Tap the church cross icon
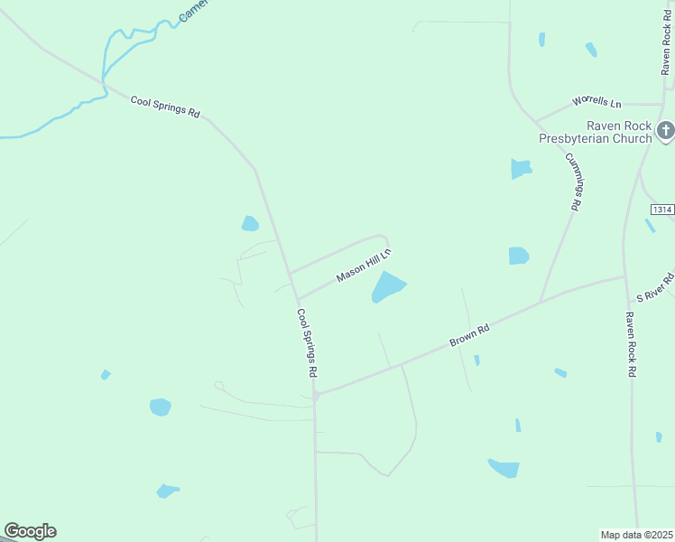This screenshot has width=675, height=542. point(665,132)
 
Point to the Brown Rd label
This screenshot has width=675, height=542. point(469,337)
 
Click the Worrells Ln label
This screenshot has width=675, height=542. point(596,104)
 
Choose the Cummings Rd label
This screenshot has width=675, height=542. point(572,182)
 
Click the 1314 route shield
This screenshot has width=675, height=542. point(661,210)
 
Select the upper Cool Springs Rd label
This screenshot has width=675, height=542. point(165,106)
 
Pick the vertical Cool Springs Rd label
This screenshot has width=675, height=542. point(308,343)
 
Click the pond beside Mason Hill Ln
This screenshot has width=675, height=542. point(387,287)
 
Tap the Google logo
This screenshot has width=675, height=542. point(30,531)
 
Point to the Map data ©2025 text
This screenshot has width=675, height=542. point(637,535)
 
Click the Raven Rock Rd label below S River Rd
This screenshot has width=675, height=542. point(632,344)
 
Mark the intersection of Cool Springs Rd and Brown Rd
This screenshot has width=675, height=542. point(316,395)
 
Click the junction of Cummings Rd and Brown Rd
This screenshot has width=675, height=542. point(540,302)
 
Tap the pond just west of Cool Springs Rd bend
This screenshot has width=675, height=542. point(250,223)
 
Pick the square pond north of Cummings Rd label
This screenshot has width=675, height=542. point(521,168)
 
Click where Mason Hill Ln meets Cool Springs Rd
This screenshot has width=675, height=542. point(297,300)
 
